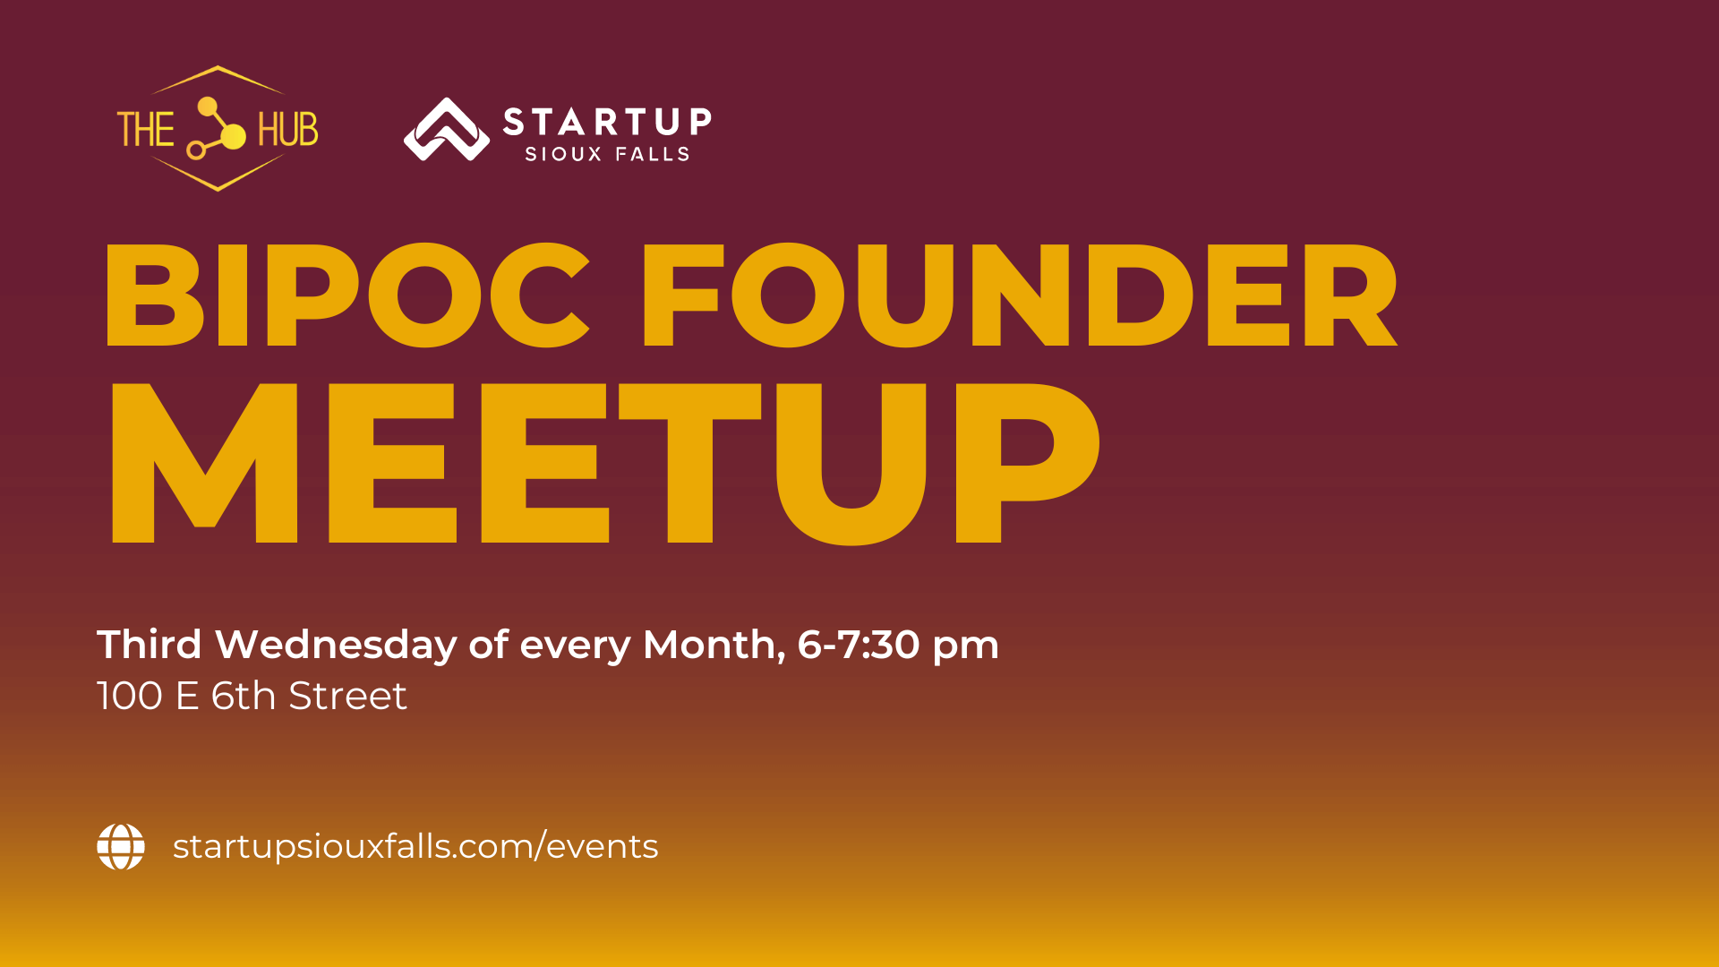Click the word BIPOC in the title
coord(347,295)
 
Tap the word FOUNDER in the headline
coord(1020,295)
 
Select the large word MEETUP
coord(604,463)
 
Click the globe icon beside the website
coord(121,846)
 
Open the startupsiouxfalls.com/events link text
coord(415,846)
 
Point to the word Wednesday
coord(336,645)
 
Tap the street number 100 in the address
coord(130,696)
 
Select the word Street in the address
coord(347,696)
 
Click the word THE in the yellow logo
coord(146,130)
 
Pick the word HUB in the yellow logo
coord(288,130)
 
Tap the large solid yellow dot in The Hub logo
coord(233,136)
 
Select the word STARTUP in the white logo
coord(608,121)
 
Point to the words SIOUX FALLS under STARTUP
coord(607,154)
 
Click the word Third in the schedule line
coord(150,645)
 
